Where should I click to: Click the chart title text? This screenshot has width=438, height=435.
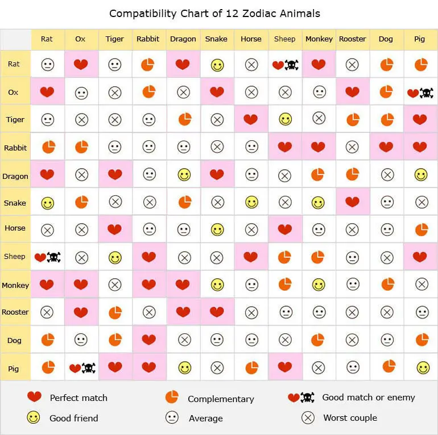(214, 13)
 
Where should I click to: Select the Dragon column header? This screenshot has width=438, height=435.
(183, 39)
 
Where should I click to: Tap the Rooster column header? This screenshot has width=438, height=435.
(352, 39)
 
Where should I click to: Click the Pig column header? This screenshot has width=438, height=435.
(419, 39)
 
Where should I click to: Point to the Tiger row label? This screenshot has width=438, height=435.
(15, 120)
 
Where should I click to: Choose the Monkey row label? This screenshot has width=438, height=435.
(15, 285)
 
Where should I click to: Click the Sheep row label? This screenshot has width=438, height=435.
(15, 257)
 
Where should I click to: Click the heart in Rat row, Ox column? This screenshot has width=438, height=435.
(81, 65)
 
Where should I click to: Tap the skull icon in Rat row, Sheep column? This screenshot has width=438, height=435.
(291, 65)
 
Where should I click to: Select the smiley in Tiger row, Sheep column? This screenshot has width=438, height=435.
(285, 119)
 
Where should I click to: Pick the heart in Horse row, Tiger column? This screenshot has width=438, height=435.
(115, 229)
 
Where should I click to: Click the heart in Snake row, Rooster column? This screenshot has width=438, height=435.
(352, 202)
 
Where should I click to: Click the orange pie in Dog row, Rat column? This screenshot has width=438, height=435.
(48, 340)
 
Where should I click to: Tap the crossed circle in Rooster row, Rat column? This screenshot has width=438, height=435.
(47, 312)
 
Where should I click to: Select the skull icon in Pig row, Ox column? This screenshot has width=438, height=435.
(89, 368)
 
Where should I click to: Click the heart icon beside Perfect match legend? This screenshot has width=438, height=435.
(34, 397)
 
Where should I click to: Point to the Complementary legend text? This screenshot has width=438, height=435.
(221, 399)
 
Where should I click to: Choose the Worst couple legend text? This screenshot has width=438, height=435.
(350, 418)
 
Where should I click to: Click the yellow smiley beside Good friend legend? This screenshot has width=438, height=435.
(34, 418)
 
